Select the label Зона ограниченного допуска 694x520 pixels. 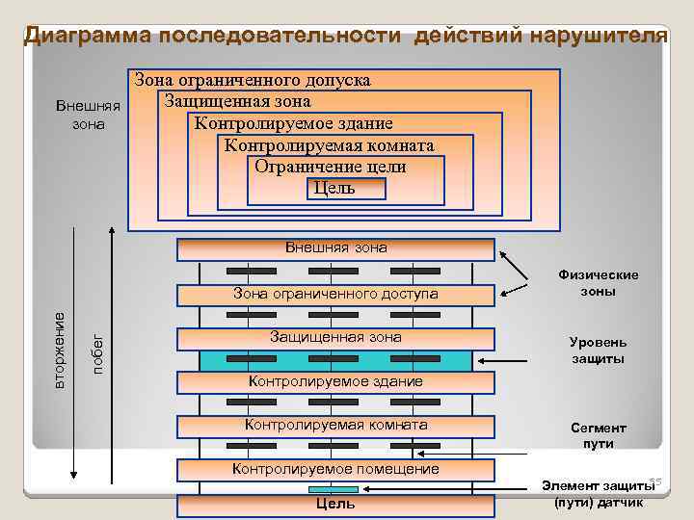pyautogui.click(x=253, y=80)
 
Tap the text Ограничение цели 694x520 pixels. pyautogui.click(x=330, y=167)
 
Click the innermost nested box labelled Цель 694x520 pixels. pyautogui.click(x=334, y=188)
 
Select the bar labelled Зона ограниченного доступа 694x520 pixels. pyautogui.click(x=335, y=294)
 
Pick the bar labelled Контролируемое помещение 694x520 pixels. pyautogui.click(x=335, y=469)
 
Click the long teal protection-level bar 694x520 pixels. pyautogui.click(x=335, y=360)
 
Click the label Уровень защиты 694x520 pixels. pyautogui.click(x=598, y=351)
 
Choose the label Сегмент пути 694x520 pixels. pyautogui.click(x=598, y=435)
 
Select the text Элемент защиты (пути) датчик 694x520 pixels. pyautogui.click(x=598, y=494)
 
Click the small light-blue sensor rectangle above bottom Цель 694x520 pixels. pyautogui.click(x=334, y=489)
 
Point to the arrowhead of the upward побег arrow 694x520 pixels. pyautogui.click(x=113, y=232)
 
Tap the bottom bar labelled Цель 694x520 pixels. pyautogui.click(x=335, y=505)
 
